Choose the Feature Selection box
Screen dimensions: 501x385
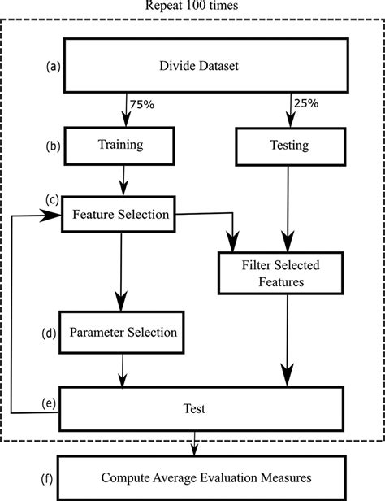(121, 215)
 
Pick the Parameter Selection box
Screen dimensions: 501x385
(123, 333)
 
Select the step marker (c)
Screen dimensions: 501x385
(51, 198)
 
